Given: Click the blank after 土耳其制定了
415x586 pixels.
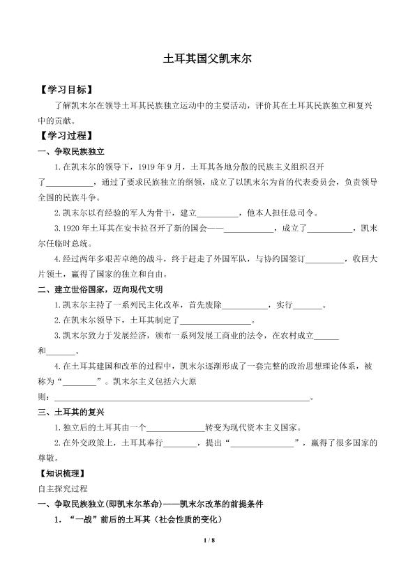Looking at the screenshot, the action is tap(216, 321).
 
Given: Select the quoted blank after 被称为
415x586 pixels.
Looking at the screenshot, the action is tap(80, 382).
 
